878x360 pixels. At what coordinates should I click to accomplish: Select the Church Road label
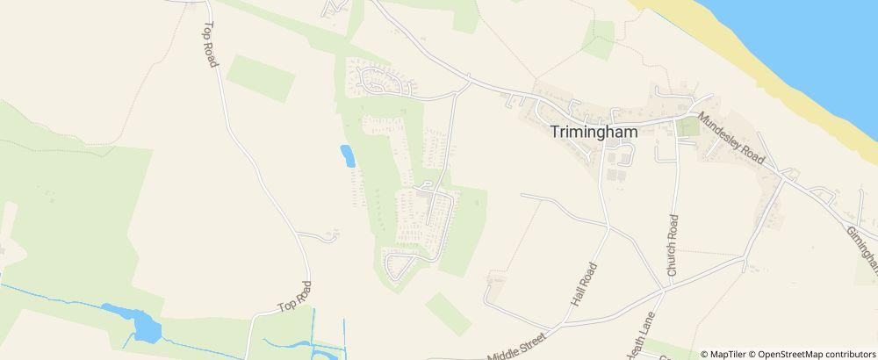(x=673, y=245)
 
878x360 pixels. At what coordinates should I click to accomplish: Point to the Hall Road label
(x=584, y=284)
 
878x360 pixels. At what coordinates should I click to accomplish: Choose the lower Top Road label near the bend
(x=295, y=296)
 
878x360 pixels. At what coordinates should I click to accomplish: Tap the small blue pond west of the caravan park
(x=348, y=156)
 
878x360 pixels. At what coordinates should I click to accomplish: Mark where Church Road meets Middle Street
(x=666, y=287)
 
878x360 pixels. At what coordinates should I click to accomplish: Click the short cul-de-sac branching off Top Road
(x=327, y=235)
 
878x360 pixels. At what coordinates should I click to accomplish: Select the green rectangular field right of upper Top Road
(x=260, y=78)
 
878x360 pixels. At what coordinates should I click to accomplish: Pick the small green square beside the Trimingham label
(x=687, y=127)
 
